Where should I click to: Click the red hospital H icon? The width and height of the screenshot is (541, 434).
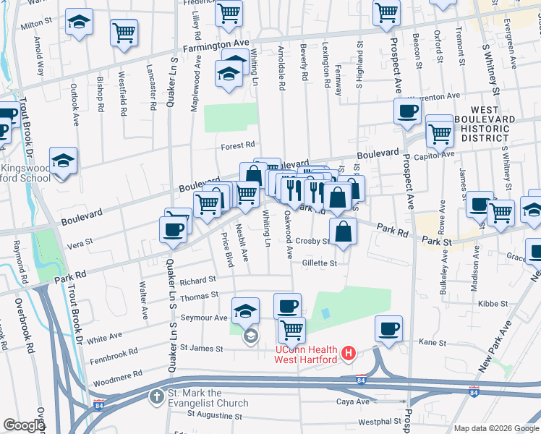click(x=349, y=354)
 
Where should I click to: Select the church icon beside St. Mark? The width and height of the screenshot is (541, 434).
click(x=156, y=396)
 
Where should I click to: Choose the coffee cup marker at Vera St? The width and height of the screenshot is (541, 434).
click(x=173, y=229)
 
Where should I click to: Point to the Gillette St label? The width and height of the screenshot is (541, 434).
click(x=320, y=264)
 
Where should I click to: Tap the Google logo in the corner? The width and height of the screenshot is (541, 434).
click(x=24, y=425)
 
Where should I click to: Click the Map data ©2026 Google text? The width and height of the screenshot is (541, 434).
click(x=495, y=428)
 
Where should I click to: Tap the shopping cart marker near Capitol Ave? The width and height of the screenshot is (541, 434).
click(x=438, y=132)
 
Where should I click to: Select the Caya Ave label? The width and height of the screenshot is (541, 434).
click(x=353, y=401)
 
